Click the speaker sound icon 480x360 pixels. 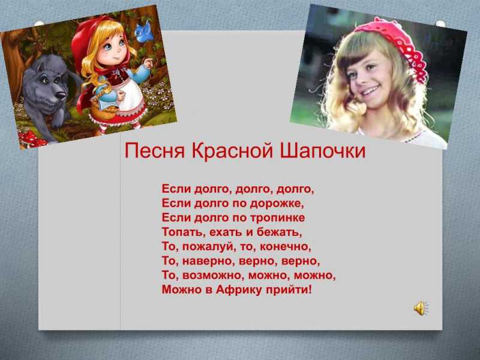pyautogui.click(x=421, y=308)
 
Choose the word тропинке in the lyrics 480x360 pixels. pyautogui.click(x=278, y=218)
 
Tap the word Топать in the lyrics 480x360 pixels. pyautogui.click(x=184, y=232)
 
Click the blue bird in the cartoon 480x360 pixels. pyautogui.click(x=143, y=32)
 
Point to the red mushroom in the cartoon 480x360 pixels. pyautogui.click(x=30, y=139)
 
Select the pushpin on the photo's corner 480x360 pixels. pyautogui.click(x=440, y=23)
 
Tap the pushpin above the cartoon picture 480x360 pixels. pyautogui.click(x=39, y=23)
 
